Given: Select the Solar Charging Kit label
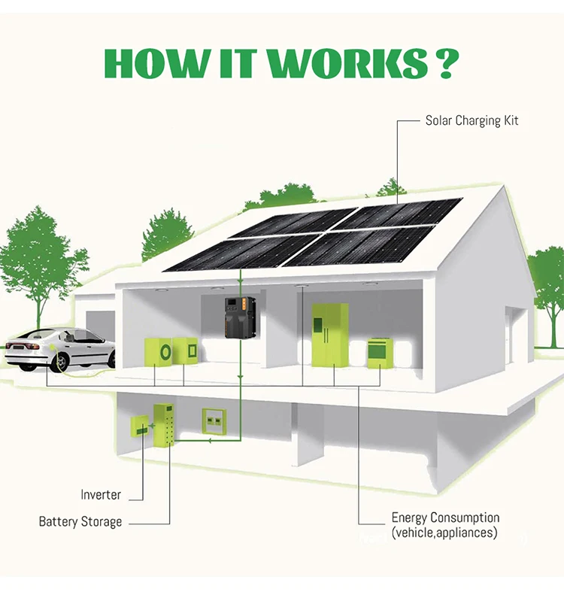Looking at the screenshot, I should [x=472, y=120].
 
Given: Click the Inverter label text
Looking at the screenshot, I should [x=101, y=495].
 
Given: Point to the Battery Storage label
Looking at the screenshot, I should [x=80, y=521].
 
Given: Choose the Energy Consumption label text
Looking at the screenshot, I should [x=445, y=518].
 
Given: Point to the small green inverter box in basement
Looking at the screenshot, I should [x=140, y=427].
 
